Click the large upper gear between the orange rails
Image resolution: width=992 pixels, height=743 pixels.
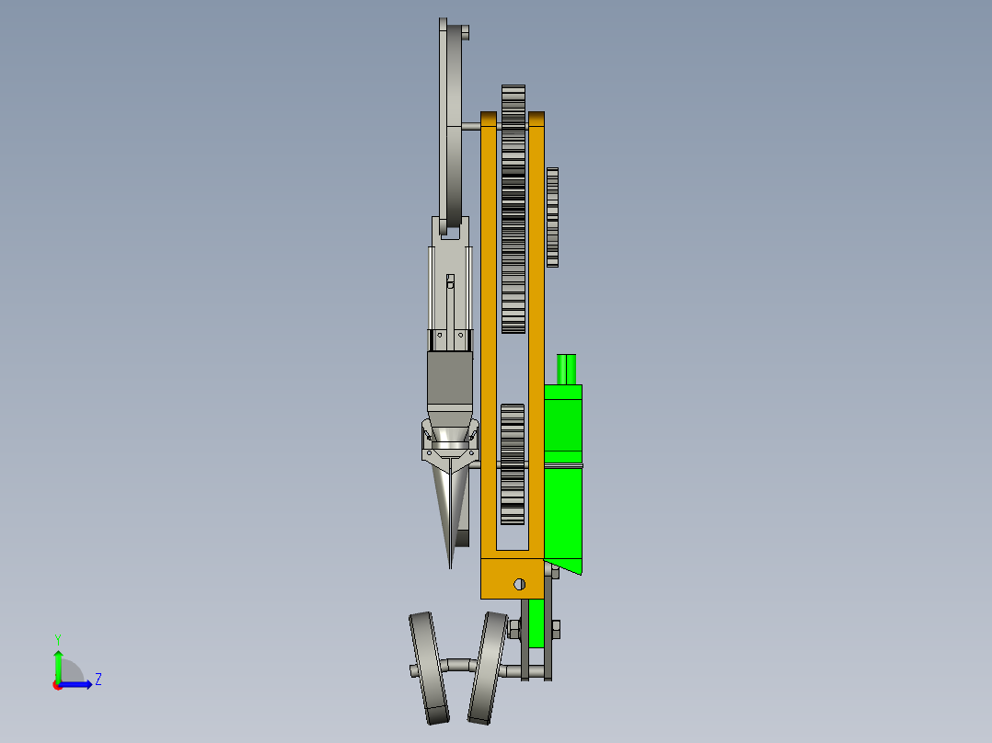tap(513, 210)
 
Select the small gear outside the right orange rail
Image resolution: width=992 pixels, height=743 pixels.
tap(552, 217)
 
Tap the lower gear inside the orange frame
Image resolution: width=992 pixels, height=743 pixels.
tap(513, 463)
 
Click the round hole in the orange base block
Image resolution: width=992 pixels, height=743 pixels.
tap(519, 584)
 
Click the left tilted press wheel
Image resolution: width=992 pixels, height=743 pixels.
tap(428, 668)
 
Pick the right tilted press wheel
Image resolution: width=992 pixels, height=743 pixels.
tap(487, 668)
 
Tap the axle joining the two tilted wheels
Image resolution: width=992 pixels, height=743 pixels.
tap(457, 663)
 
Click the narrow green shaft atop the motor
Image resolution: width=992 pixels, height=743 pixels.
tap(567, 369)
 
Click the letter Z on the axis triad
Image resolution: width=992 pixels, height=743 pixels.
tap(98, 680)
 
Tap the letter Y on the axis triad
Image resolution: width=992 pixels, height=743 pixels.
tap(57, 638)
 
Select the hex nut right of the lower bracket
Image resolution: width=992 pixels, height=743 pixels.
tap(556, 629)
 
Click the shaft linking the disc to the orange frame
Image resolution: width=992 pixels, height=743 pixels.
tap(470, 126)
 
